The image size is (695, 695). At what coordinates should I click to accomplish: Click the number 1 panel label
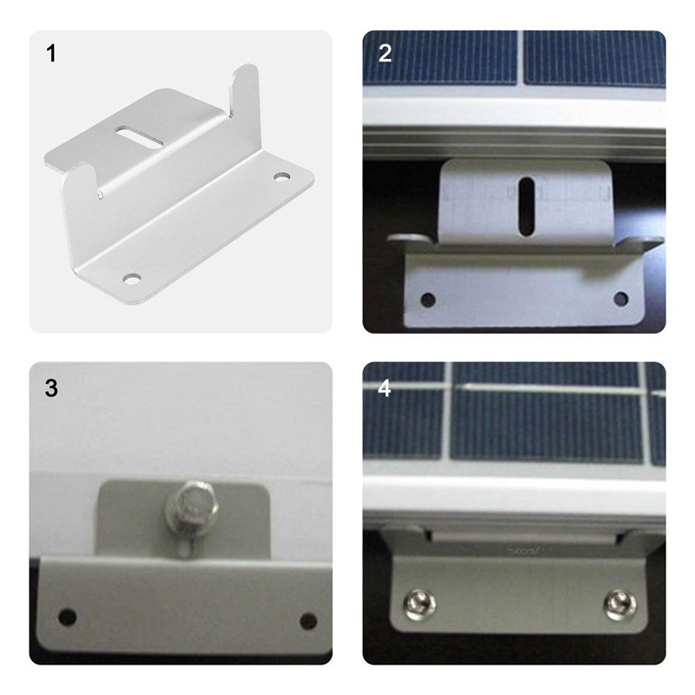pyautogui.click(x=51, y=54)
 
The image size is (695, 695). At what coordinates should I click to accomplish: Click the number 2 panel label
pyautogui.click(x=385, y=54)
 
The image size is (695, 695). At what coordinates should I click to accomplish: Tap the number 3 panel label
pyautogui.click(x=51, y=387)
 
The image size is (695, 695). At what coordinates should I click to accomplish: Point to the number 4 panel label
pyautogui.click(x=384, y=387)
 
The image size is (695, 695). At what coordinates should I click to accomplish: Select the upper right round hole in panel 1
pyautogui.click(x=280, y=177)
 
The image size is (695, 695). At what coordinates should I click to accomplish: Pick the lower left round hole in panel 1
pyautogui.click(x=132, y=279)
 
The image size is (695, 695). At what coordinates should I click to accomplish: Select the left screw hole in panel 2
pyautogui.click(x=427, y=300)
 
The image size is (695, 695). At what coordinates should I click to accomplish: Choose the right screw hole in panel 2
pyautogui.click(x=620, y=298)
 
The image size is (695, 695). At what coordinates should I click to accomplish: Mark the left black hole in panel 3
pyautogui.click(x=68, y=616)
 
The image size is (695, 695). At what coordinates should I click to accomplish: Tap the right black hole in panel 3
pyautogui.click(x=308, y=621)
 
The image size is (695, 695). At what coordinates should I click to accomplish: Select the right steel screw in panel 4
pyautogui.click(x=619, y=605)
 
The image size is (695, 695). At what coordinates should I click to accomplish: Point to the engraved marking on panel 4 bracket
pyautogui.click(x=525, y=551)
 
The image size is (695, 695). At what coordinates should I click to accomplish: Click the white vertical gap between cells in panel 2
pyautogui.click(x=520, y=57)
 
